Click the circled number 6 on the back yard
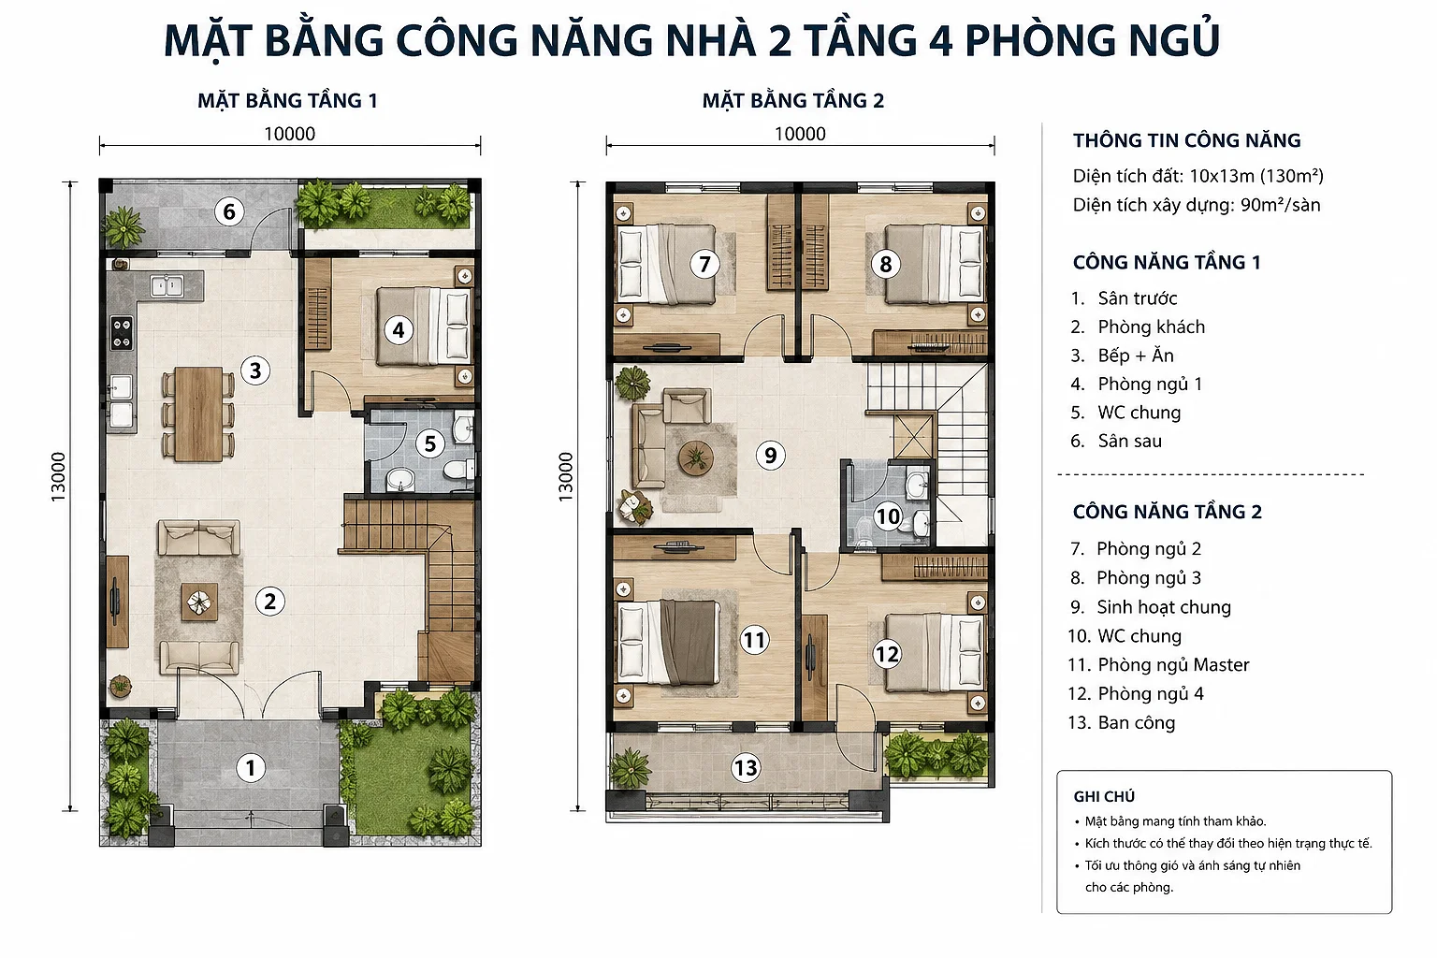(229, 211)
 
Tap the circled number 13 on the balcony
(746, 767)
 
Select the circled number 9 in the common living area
(771, 455)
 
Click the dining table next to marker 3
(199, 414)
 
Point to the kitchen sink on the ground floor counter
(167, 285)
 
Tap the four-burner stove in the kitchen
(122, 332)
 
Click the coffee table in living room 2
(199, 602)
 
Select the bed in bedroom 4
(424, 326)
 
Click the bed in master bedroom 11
(667, 642)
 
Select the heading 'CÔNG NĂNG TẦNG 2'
(1167, 512)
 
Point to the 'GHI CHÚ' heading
(1104, 796)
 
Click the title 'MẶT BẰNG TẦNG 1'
(287, 101)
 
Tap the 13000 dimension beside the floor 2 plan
(565, 477)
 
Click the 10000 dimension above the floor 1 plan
(290, 134)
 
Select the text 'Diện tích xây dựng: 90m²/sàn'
(1197, 205)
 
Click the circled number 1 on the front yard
(250, 767)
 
